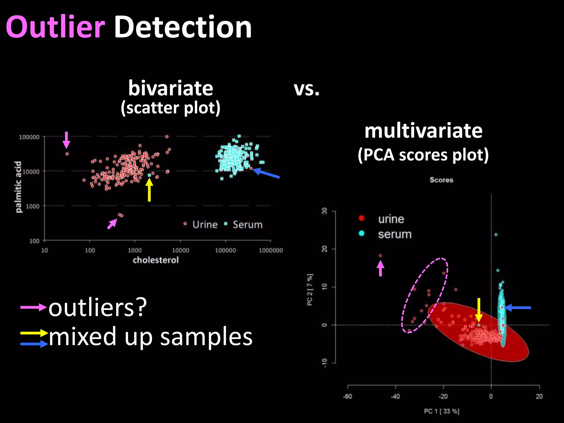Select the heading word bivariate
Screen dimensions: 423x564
(x=170, y=88)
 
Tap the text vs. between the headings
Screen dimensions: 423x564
(x=307, y=89)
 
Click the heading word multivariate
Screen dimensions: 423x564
(x=423, y=131)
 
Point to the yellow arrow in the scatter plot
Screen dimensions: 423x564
(x=149, y=190)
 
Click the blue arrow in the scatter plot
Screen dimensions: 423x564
(x=266, y=173)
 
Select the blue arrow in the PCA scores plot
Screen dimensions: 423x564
(x=518, y=308)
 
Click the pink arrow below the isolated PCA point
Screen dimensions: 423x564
(x=380, y=269)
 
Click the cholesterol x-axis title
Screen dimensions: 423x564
(x=156, y=260)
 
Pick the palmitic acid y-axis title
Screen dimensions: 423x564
(x=18, y=187)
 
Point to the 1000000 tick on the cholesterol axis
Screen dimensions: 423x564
(x=271, y=250)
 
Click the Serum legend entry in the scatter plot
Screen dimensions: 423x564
(x=247, y=225)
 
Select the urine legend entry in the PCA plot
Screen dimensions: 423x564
(x=391, y=219)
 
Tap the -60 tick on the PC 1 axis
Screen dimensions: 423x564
(x=348, y=397)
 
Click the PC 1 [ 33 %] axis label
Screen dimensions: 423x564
(x=441, y=411)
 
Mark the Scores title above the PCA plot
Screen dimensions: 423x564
(x=441, y=180)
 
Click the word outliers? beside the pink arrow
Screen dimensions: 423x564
(x=97, y=308)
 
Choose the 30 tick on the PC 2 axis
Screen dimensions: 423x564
(x=325, y=211)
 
